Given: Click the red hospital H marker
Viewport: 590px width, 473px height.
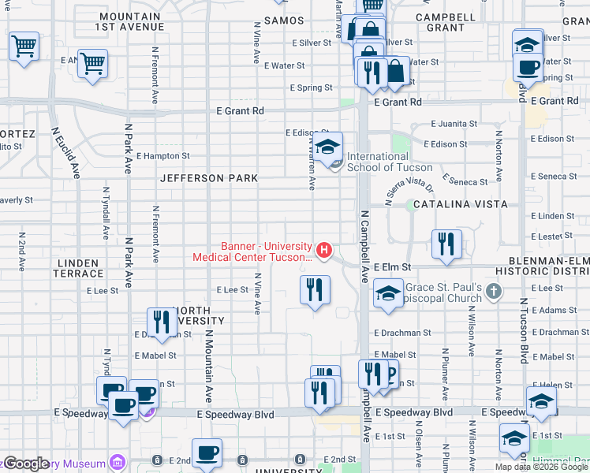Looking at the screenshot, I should tap(323, 251).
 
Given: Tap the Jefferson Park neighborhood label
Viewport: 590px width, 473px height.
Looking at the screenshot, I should tap(209, 179).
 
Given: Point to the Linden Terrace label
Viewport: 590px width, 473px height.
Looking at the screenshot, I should tap(78, 268).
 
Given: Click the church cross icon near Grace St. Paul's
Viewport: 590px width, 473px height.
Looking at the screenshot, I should tap(494, 292).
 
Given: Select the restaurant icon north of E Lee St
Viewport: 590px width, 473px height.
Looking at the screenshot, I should tap(315, 289).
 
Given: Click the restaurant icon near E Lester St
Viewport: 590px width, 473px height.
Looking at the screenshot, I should tap(447, 244).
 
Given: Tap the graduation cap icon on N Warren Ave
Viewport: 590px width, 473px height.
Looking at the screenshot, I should tap(328, 147).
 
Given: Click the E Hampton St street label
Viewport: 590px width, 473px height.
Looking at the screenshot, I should tap(162, 156).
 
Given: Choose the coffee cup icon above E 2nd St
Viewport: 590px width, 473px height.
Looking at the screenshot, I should tap(207, 453).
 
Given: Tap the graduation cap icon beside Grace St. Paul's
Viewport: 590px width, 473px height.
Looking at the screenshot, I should tap(387, 294).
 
